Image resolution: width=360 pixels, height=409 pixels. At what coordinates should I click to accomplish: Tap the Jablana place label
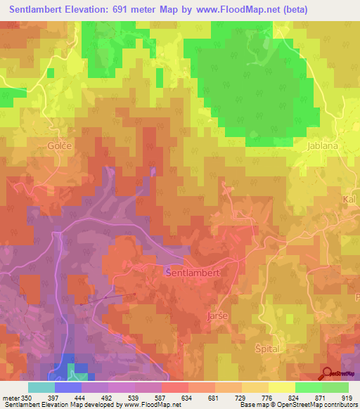click(x=323, y=146)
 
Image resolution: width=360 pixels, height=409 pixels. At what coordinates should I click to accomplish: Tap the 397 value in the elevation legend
click(x=53, y=397)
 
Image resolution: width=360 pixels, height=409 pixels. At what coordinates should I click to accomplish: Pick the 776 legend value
click(x=267, y=397)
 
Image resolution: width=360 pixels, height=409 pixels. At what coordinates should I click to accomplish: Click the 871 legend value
click(x=321, y=397)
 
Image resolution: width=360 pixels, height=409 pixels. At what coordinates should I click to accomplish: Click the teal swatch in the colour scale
click(x=41, y=387)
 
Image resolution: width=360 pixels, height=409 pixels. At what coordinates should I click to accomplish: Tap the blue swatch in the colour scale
click(x=67, y=387)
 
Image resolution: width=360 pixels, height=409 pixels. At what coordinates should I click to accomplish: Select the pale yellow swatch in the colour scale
click(x=281, y=387)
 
